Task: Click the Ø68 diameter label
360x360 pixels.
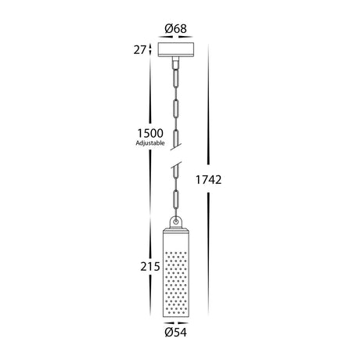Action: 175,29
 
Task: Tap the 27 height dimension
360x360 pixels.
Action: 139,50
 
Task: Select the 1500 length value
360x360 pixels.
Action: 150,133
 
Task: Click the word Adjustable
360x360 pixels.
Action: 150,143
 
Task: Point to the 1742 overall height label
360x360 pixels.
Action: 208,180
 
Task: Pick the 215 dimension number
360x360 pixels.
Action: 150,267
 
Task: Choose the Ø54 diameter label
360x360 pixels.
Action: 176,333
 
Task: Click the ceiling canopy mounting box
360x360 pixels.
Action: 176,49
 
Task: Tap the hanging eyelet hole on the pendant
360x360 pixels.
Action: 176,222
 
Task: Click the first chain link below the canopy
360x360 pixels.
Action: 176,78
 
